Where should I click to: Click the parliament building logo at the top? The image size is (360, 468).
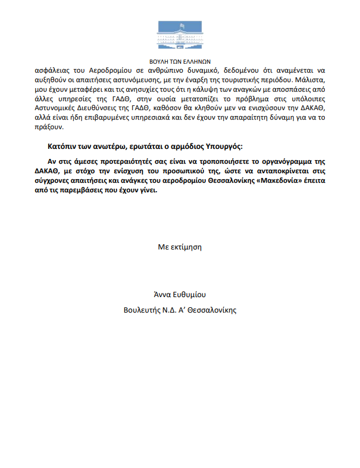tap(179, 35)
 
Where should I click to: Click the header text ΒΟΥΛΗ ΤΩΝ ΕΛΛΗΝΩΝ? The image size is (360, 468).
tap(180, 60)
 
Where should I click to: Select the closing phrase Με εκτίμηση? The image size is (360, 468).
tap(180, 246)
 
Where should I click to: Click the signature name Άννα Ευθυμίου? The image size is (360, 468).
tap(180, 295)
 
